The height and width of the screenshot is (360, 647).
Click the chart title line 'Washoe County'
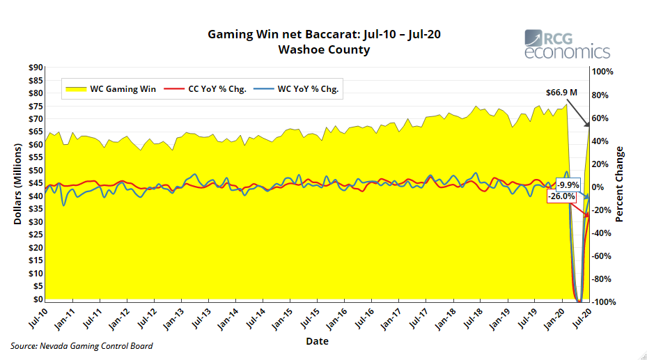(324, 49)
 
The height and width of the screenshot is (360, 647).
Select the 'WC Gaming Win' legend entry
(115, 89)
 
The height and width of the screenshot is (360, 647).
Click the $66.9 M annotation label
(561, 92)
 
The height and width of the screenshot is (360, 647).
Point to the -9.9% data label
(567, 185)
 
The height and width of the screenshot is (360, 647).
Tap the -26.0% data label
(561, 196)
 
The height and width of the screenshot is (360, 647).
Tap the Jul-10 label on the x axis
(36, 319)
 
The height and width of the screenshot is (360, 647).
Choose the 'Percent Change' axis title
(620, 184)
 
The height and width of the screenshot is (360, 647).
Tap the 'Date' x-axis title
(317, 341)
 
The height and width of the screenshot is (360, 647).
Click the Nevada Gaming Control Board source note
(81, 346)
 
